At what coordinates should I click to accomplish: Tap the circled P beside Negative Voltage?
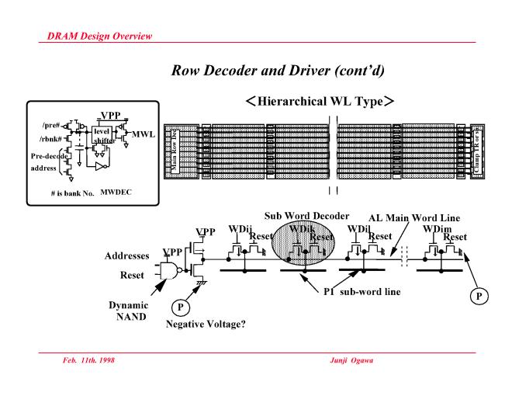(177, 305)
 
